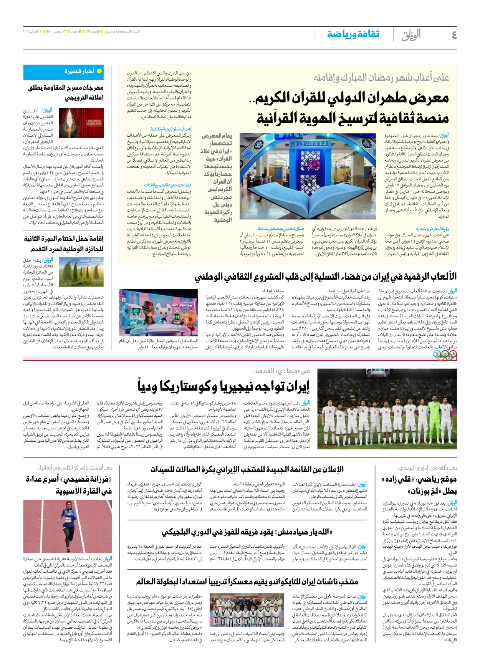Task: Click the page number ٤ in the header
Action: coord(454,35)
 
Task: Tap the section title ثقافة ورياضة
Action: coord(353,34)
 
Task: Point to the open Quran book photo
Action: coord(308,176)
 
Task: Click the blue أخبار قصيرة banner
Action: coord(63,72)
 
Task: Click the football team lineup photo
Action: coord(387,409)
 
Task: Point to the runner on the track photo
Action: coord(68,526)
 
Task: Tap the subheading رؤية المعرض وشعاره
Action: coord(432,229)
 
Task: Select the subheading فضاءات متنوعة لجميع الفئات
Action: coord(167,185)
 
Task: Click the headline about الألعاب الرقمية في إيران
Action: coord(325,277)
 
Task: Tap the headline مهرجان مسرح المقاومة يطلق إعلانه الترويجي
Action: coord(66,93)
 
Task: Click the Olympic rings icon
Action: coord(445,356)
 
